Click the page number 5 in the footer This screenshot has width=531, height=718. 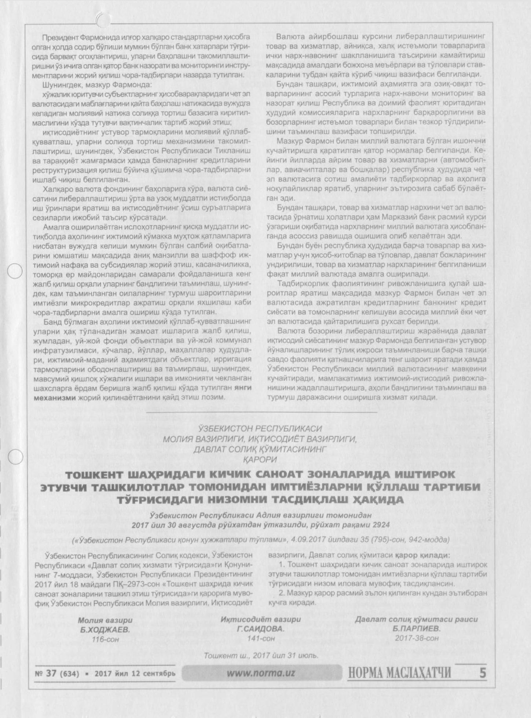tap(482, 673)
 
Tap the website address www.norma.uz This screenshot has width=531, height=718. tap(260, 673)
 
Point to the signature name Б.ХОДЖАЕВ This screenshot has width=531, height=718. tap(105, 630)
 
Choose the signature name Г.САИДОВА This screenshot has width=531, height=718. tap(261, 629)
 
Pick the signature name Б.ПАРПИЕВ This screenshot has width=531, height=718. tap(416, 628)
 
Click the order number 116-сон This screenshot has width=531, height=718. tap(105, 639)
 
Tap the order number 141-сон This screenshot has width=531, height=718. tap(261, 638)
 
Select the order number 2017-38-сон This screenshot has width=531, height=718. tap(417, 638)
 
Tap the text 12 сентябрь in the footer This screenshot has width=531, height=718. tap(154, 674)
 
